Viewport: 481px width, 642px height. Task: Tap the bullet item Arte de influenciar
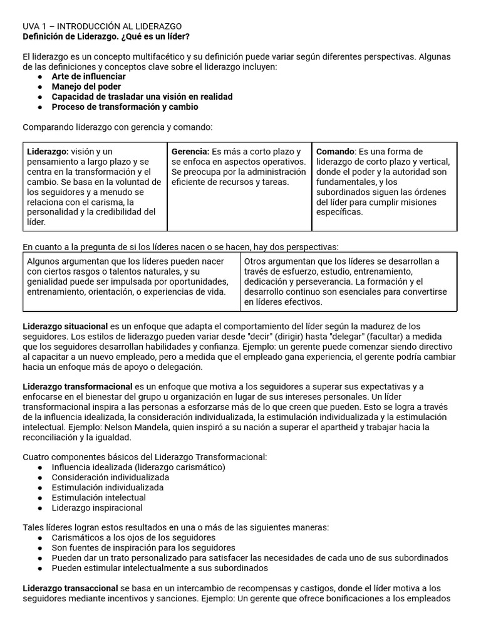click(88, 76)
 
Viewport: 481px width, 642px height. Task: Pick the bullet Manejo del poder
click(86, 87)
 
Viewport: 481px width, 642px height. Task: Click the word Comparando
click(47, 127)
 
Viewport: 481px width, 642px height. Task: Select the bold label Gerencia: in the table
click(190, 152)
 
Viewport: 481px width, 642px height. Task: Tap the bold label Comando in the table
click(335, 152)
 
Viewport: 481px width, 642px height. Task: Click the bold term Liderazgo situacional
click(65, 327)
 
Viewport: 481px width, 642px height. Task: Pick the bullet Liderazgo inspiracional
click(97, 507)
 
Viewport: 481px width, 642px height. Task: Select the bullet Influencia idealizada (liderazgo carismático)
click(138, 467)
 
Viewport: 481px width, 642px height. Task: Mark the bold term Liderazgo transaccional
click(70, 588)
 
